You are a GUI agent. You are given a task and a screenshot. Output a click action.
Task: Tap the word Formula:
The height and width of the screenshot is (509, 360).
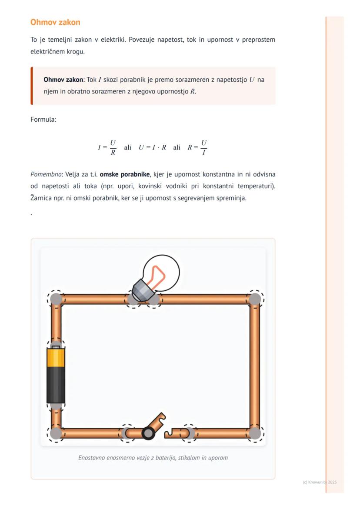(43, 119)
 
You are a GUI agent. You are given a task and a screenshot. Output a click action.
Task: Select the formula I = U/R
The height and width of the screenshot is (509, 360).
(107, 147)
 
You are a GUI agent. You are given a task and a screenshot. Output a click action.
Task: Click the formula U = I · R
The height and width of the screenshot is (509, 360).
(152, 147)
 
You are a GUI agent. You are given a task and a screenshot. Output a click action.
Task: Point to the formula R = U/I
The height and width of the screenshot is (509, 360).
(197, 147)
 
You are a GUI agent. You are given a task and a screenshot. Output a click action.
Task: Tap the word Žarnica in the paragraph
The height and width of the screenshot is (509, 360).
(42, 198)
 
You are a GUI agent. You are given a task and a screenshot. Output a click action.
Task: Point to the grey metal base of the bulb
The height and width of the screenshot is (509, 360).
(142, 290)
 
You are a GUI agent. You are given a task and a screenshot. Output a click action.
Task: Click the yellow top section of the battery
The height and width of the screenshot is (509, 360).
(56, 357)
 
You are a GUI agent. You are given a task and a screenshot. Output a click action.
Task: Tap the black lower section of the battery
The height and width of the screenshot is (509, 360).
(56, 384)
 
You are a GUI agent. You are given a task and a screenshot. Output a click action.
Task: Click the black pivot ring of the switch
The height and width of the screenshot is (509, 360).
(148, 433)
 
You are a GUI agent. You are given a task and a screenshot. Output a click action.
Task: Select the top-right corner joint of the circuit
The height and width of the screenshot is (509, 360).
(255, 299)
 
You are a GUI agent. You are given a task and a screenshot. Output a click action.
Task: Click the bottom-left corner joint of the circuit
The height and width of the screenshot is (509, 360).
(56, 433)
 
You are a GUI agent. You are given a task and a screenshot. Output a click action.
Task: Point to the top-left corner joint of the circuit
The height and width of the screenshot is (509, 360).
(56, 299)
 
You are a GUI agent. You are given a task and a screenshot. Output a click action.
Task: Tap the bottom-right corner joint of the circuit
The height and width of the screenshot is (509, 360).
(255, 433)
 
